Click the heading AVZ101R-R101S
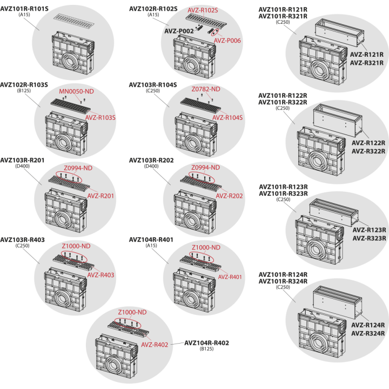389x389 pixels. coord(24,9)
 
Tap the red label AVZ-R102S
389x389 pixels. coord(203,10)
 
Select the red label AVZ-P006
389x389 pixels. coord(227,41)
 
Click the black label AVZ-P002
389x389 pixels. coord(179,31)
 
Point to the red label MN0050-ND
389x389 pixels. coord(76,91)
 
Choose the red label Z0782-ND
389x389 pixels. coord(206,89)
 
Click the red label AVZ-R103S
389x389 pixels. coord(100,118)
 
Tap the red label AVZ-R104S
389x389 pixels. coord(227,118)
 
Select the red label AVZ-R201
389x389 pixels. coord(100,196)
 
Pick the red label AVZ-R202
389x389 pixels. coord(229,196)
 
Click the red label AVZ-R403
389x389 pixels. coord(100,275)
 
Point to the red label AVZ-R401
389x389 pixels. coord(230,277)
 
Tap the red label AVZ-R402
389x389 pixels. coord(155,345)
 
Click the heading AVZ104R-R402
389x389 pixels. coord(206,343)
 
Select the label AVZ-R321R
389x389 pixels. coord(367,63)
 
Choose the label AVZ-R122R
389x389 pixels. coord(368,143)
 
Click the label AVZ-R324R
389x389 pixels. coord(368,333)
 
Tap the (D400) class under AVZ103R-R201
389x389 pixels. coord(22,166)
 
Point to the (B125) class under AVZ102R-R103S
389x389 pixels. coord(24,91)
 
